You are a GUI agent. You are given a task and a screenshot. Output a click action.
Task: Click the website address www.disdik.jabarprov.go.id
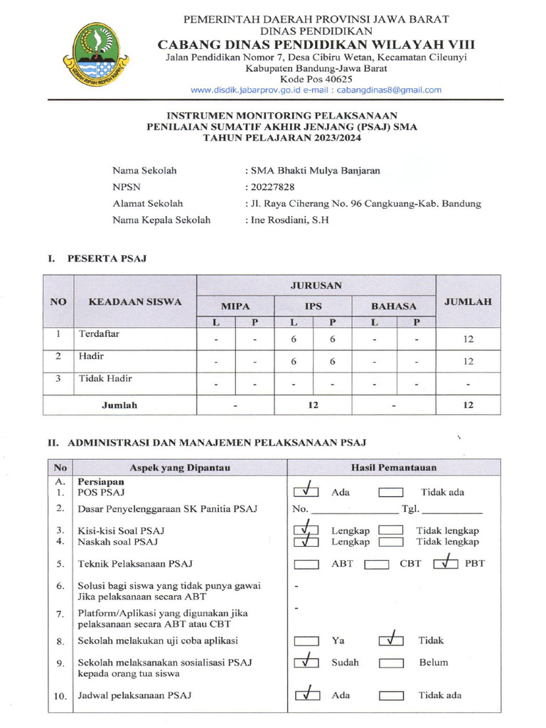252,90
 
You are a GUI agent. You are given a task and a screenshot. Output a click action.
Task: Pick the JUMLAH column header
468,301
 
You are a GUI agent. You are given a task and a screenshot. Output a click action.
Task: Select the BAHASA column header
394,306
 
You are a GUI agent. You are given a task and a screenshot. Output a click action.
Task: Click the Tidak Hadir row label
105,379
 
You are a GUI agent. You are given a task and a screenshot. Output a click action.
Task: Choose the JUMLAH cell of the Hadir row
468,362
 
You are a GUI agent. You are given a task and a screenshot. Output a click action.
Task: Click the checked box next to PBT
446,564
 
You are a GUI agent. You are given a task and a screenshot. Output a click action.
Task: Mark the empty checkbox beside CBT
376,564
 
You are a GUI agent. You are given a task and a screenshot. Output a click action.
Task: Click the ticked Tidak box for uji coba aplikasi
391,641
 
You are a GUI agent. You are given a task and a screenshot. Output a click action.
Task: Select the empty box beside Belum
391,663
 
